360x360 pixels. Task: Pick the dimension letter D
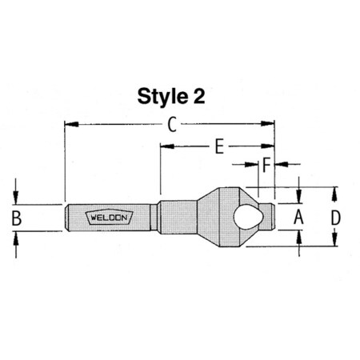click(336, 216)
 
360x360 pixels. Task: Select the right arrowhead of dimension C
click(270, 124)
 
